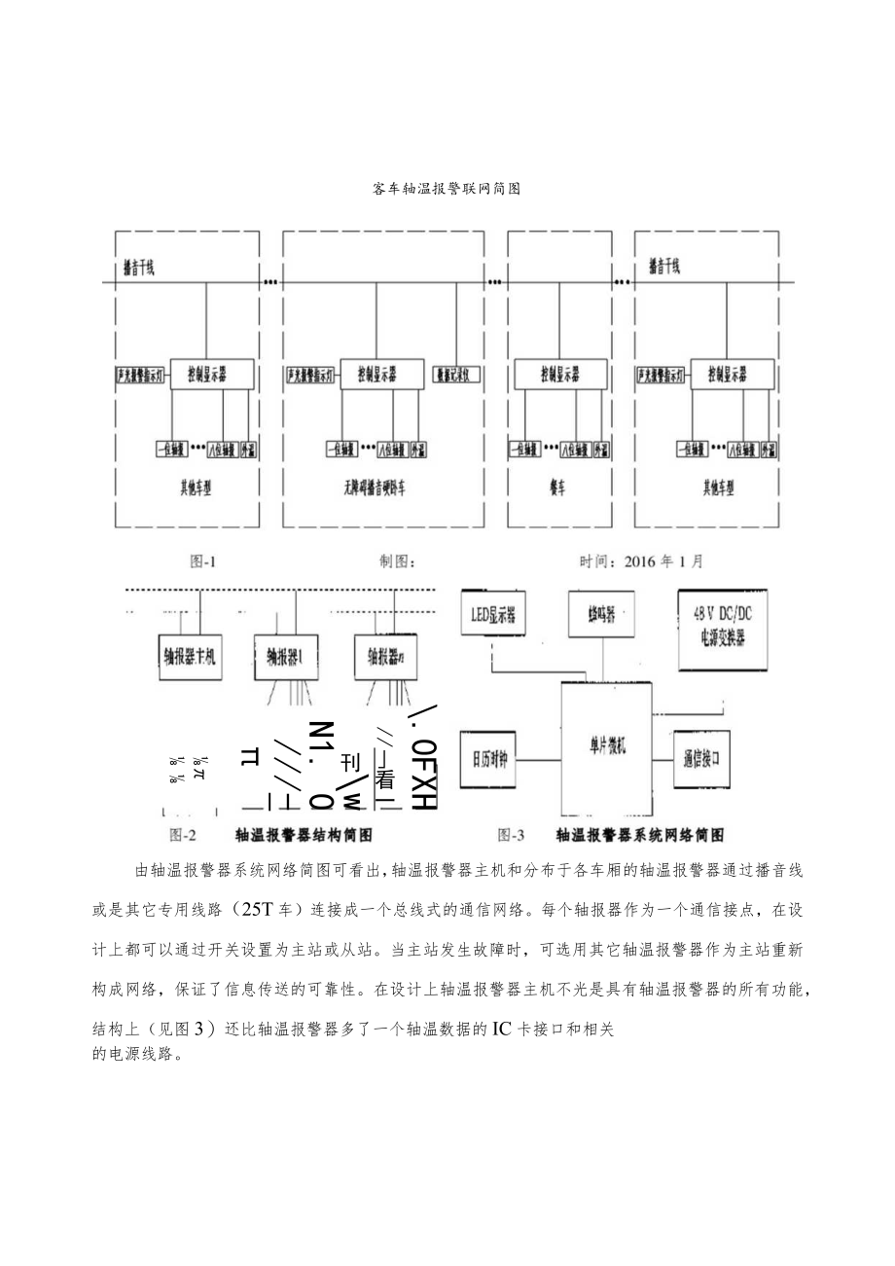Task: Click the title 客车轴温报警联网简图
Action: [447, 189]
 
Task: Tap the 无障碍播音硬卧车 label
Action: [374, 492]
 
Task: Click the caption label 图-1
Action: [201, 561]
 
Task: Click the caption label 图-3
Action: [511, 834]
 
